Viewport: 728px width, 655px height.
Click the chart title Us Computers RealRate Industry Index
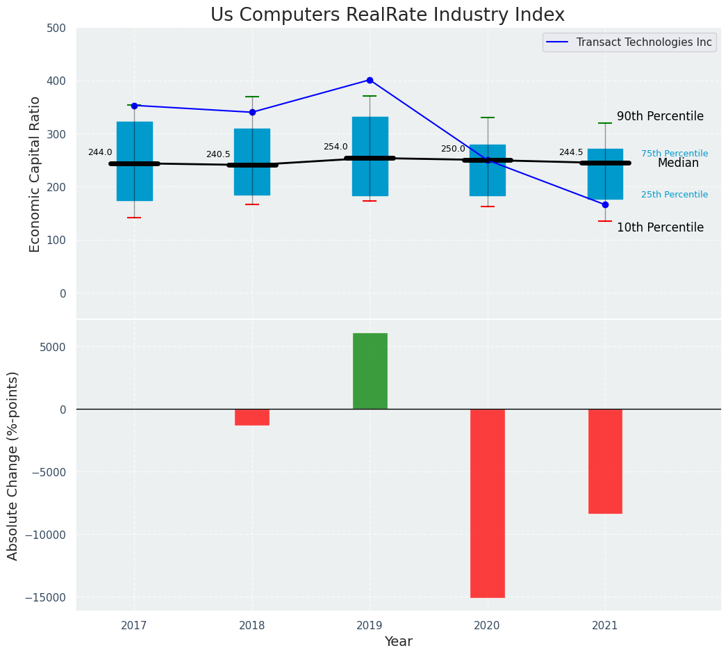(x=388, y=15)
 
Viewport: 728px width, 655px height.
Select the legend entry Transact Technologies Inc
(x=643, y=42)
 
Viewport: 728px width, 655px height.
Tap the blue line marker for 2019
(x=370, y=80)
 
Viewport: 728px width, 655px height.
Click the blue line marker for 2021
(x=605, y=204)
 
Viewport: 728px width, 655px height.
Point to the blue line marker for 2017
(x=134, y=106)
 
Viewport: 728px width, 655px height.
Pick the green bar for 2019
(x=370, y=371)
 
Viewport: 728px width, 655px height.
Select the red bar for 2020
(x=487, y=503)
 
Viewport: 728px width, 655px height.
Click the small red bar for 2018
(x=252, y=417)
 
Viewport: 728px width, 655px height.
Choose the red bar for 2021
(x=605, y=461)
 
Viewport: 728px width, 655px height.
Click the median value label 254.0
(x=336, y=147)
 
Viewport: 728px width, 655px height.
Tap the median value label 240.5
(x=218, y=154)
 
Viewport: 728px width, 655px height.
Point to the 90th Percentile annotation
(x=660, y=116)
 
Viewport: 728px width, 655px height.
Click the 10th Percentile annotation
(x=660, y=227)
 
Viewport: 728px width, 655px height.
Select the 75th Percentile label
(x=675, y=154)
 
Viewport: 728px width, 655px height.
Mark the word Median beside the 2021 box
(x=678, y=163)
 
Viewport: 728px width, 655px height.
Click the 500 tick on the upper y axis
(x=57, y=29)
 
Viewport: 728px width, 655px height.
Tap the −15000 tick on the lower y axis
(x=47, y=597)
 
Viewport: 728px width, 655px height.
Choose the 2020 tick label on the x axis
(x=487, y=626)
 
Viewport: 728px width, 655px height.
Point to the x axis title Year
(x=398, y=642)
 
